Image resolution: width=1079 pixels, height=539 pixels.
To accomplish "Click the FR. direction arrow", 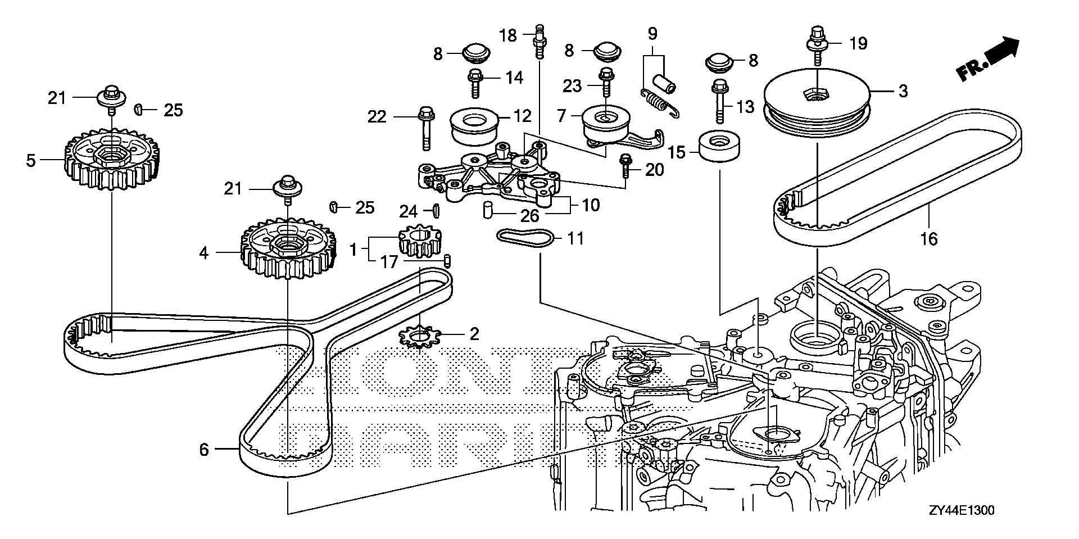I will click(988, 58).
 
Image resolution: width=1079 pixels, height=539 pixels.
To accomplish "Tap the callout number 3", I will click(903, 91).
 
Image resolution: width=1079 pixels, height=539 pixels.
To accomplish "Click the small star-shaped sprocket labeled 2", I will click(418, 337).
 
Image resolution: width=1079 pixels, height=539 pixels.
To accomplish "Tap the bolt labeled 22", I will click(424, 129).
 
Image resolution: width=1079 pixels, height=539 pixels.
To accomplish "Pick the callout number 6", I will click(204, 450).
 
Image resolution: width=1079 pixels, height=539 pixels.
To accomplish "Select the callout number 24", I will click(409, 211).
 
